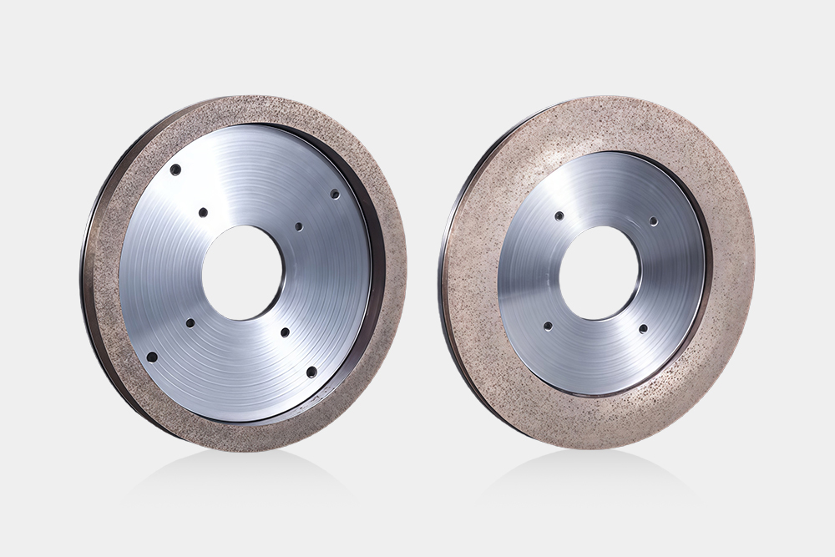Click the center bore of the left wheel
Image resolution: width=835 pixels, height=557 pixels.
coord(242,271)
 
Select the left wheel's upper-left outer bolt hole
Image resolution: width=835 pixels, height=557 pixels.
coord(175,170)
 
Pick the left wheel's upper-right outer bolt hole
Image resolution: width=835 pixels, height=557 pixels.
coord(334,194)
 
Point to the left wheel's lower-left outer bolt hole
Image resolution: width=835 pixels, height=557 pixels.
coord(152,357)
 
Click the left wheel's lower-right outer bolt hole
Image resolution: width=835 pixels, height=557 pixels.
coord(311,372)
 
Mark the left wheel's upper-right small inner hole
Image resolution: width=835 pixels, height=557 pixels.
coord(299,226)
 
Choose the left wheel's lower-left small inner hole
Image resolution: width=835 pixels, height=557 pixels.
coord(190,322)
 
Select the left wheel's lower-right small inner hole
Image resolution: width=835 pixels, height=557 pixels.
coord(285,332)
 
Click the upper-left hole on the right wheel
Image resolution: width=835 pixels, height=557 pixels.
coord(559,215)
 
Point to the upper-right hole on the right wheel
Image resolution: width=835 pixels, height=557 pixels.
coord(653,221)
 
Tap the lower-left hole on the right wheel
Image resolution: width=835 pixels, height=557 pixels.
coord(548,326)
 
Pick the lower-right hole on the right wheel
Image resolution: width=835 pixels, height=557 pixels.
coord(643,329)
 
